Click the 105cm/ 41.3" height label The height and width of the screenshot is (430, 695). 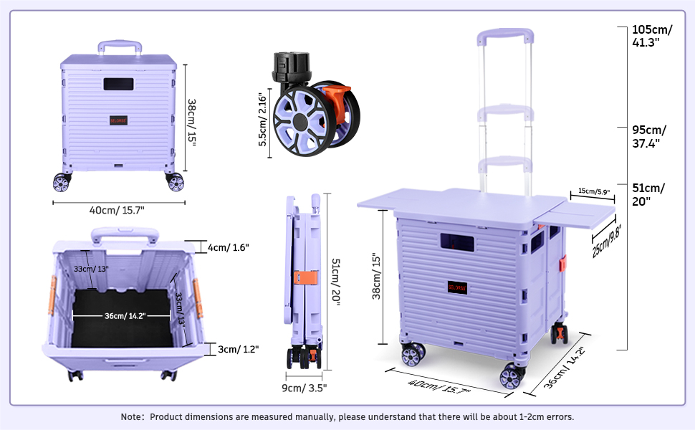[x=652, y=36]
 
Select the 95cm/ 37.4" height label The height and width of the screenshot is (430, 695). [x=649, y=137]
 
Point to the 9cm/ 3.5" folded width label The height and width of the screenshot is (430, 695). [x=305, y=388]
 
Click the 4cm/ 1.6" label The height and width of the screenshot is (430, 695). [x=228, y=247]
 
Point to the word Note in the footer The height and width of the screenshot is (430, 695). [x=133, y=416]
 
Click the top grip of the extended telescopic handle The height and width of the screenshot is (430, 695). [x=506, y=34]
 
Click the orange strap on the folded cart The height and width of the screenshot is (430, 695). [x=306, y=276]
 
